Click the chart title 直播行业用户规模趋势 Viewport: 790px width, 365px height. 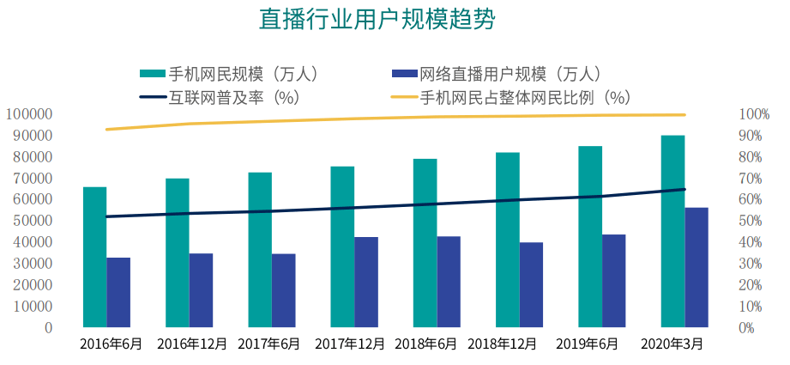coord(377,20)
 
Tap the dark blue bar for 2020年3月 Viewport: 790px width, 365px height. coord(697,266)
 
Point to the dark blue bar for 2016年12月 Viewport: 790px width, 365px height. coord(201,289)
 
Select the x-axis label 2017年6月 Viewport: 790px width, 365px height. coord(270,344)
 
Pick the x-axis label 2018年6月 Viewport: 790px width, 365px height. coord(425,344)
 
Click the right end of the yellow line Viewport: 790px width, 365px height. coord(684,114)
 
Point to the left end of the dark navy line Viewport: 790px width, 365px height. coord(106,216)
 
